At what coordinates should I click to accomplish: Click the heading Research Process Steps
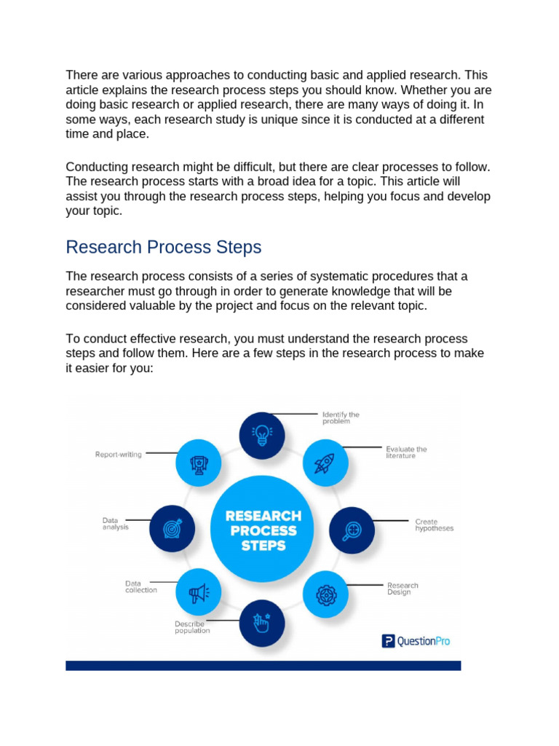(163, 248)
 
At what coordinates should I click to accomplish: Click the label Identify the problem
(341, 418)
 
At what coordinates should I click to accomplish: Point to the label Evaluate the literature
(406, 452)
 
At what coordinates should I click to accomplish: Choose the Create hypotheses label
(434, 525)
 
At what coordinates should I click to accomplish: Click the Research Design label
(403, 589)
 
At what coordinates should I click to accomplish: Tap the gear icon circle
(325, 594)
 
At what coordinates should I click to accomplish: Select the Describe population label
(192, 627)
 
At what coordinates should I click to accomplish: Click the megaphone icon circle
(199, 594)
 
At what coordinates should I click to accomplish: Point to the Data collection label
(140, 586)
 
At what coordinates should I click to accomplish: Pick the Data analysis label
(115, 524)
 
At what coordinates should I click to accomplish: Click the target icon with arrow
(172, 527)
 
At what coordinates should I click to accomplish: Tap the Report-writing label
(119, 455)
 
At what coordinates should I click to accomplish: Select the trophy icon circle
(199, 462)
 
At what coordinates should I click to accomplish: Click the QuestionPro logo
(416, 641)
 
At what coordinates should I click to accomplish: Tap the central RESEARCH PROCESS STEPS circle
(263, 530)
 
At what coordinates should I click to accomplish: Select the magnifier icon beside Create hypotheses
(352, 530)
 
